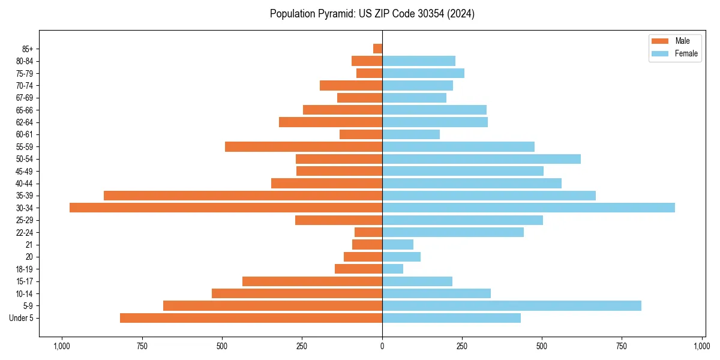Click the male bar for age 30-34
coord(226,208)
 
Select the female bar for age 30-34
coord(528,208)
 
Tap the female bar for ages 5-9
coord(511,305)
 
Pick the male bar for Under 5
coord(251,318)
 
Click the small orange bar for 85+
coord(377,49)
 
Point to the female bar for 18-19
coord(392,269)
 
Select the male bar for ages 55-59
coord(303,146)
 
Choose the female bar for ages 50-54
coord(481,159)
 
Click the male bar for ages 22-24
coord(368,232)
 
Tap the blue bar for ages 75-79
coord(423,73)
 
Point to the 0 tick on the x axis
coord(382,346)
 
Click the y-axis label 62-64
coord(25,122)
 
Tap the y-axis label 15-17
coord(25,281)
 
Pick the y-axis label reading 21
coord(29,245)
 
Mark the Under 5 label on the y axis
coord(22,318)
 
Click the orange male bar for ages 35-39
coord(243,196)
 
